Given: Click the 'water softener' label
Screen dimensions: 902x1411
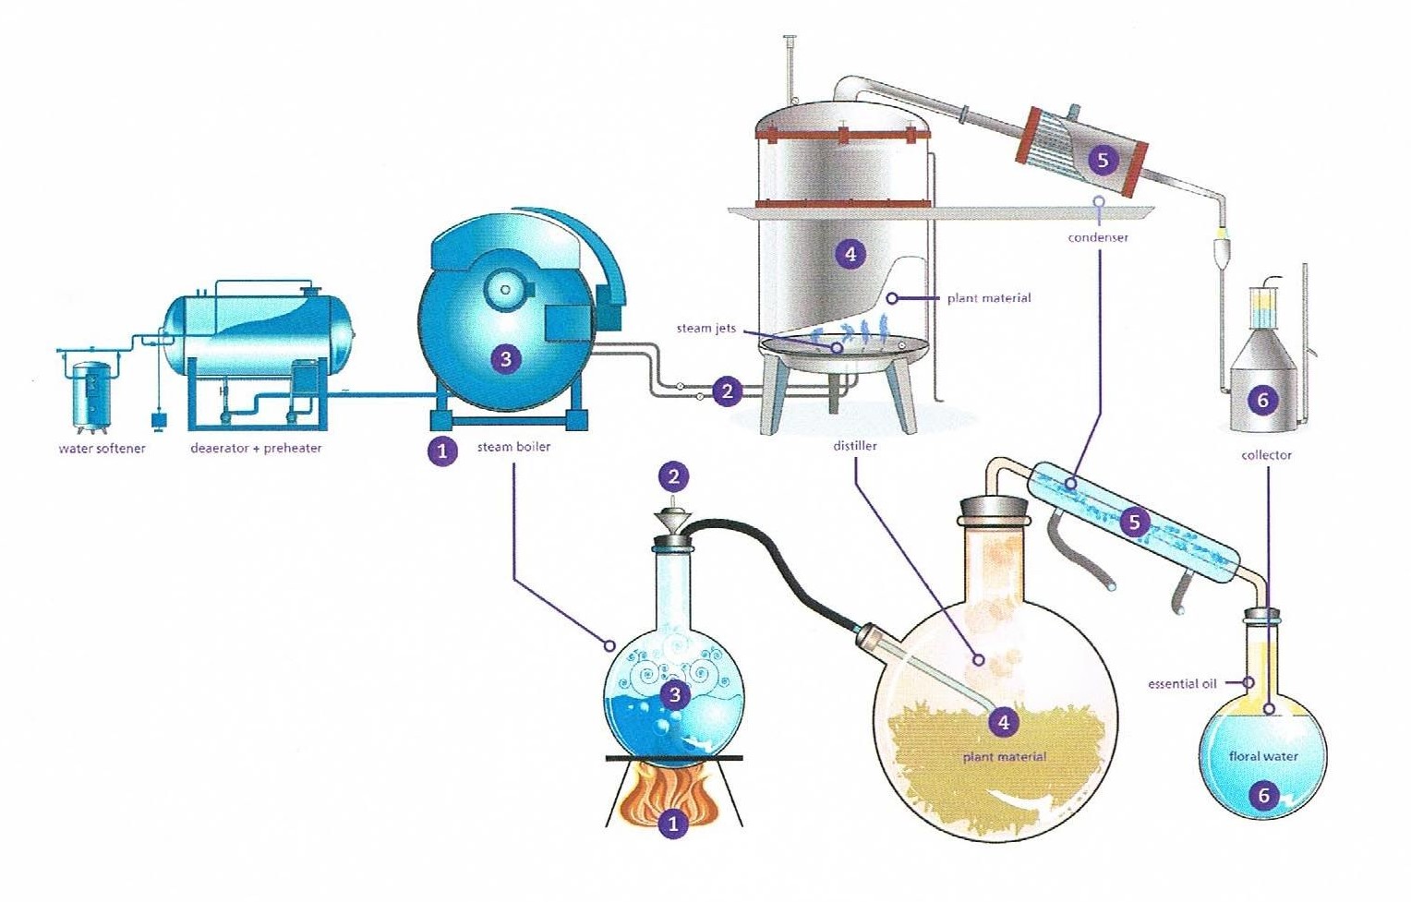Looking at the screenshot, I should pos(102,449).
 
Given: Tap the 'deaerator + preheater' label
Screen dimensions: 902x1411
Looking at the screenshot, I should pos(256,449).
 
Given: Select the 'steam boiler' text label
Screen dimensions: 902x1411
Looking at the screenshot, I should pos(513,447).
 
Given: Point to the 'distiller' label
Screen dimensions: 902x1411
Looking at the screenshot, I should pos(855,446).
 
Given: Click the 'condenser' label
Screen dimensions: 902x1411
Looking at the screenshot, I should pos(1098,237).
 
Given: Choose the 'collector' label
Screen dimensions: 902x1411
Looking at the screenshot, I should pos(1266,455).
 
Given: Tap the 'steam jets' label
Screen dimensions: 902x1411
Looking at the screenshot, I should pos(706,328).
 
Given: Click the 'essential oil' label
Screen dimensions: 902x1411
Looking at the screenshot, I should pos(1182,684).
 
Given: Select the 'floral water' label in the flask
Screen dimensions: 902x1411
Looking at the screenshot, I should pos(1263,756).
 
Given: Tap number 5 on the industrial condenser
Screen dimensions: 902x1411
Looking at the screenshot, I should pos(1102,160).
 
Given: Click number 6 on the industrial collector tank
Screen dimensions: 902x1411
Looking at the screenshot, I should pos(1263,400).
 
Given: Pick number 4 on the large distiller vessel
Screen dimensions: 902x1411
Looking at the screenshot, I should pos(850,253).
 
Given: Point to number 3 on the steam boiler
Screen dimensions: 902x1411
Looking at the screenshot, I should pos(504,358).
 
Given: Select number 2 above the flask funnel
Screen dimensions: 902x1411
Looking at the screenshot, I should pos(674,476).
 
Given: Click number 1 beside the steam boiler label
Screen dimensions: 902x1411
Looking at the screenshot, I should pos(442,451).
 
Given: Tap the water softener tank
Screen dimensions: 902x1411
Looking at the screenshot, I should pos(91,394).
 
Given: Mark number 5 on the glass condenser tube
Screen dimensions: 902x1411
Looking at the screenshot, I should pos(1135,523).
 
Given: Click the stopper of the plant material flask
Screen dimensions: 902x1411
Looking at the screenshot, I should pos(995,508).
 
